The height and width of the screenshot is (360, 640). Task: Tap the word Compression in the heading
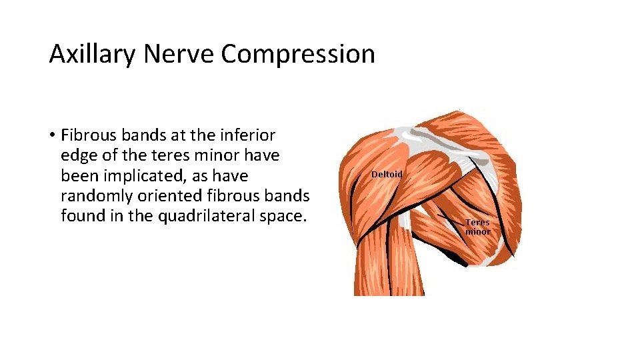tap(298, 55)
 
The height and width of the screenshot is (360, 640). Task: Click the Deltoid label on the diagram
tap(387, 174)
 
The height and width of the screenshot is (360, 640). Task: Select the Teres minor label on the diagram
tap(477, 227)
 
